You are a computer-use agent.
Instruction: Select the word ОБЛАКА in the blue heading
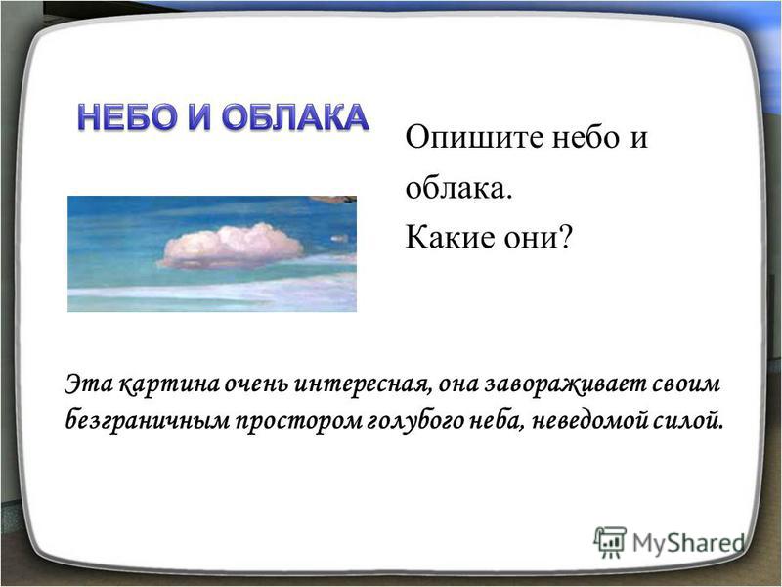click(x=295, y=117)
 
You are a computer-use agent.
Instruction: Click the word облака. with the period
click(x=458, y=188)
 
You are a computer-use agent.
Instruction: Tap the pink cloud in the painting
click(x=232, y=247)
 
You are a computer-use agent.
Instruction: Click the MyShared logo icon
click(x=609, y=542)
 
